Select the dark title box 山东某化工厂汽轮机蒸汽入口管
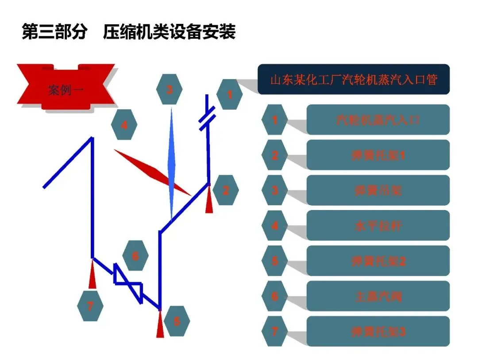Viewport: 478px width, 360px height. (354, 80)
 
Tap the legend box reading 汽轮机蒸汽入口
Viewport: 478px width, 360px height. (378, 119)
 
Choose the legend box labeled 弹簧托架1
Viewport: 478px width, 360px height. (378, 155)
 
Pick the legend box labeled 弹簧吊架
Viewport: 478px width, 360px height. (378, 190)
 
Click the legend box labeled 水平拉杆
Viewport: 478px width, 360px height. (378, 226)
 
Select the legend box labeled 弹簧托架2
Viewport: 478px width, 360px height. (378, 261)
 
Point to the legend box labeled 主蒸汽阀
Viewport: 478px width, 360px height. (378, 296)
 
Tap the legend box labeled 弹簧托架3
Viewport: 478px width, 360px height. (378, 331)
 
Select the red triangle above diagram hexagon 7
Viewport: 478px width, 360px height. (92, 275)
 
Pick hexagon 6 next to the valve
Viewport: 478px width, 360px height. (135, 255)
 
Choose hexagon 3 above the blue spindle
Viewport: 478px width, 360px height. (169, 89)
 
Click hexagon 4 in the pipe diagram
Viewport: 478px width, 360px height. (124, 125)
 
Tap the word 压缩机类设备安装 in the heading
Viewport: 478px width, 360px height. (169, 33)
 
